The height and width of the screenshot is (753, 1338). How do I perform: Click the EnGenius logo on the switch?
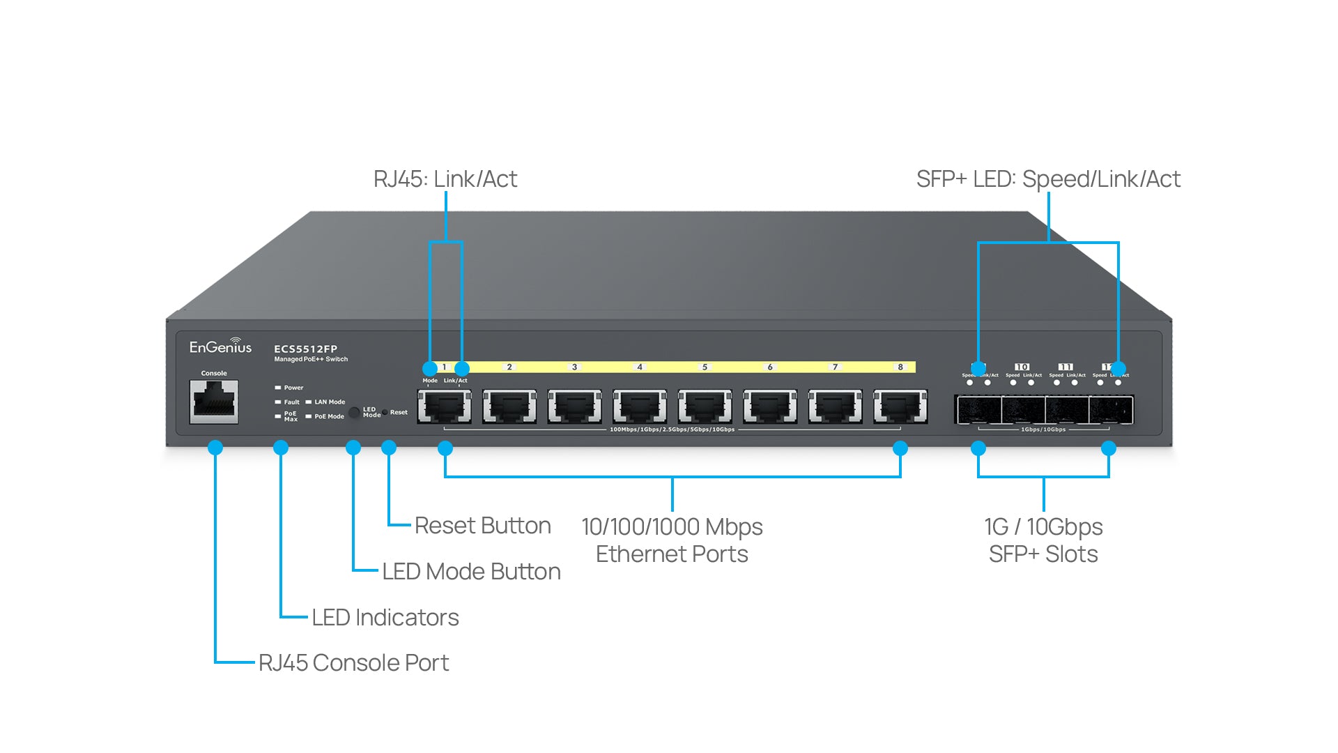[220, 347]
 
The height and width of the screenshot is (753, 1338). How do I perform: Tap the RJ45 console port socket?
[214, 402]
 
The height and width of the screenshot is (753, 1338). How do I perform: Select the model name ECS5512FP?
[305, 349]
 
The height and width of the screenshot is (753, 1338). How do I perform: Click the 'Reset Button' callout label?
[482, 526]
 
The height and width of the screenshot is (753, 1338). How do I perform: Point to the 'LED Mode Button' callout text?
[471, 572]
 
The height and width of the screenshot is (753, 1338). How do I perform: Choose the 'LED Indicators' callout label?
[385, 618]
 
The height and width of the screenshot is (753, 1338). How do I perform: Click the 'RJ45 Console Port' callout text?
[353, 663]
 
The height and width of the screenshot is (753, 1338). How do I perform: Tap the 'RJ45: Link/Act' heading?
[445, 179]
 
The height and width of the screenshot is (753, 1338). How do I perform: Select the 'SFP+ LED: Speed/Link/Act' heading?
[1048, 179]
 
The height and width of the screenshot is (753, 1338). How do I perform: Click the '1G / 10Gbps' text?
[1043, 527]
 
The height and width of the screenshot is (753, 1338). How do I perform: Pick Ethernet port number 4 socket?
[640, 407]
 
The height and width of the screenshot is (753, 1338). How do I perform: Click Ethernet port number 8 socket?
[900, 407]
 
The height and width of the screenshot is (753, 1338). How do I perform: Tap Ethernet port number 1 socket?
[444, 407]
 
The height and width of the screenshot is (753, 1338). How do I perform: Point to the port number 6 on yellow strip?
[770, 367]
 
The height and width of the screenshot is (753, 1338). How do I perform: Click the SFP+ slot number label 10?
[1022, 367]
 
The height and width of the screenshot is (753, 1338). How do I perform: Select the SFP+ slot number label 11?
[1066, 367]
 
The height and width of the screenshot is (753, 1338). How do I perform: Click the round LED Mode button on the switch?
[354, 413]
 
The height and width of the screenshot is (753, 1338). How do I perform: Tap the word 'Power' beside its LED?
[293, 388]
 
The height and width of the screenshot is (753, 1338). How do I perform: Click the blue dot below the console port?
[215, 448]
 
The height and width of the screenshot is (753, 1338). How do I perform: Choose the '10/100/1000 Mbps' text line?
[672, 527]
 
